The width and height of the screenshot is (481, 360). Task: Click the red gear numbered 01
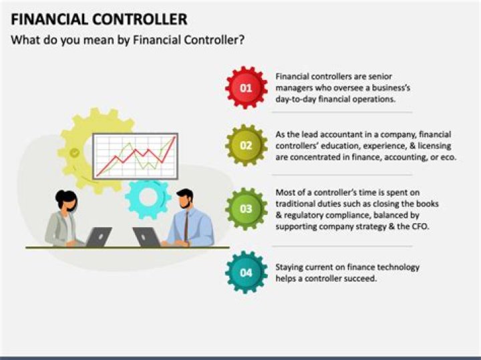click(246, 87)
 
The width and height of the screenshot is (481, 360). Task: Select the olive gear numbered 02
click(246, 145)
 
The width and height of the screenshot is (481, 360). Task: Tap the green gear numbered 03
click(246, 208)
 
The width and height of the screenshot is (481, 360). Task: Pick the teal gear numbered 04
click(246, 272)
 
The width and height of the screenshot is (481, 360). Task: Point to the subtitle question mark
click(241, 40)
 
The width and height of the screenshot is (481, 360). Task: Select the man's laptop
click(146, 237)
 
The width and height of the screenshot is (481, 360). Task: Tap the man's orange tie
click(186, 224)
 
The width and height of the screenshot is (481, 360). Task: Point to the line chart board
click(134, 155)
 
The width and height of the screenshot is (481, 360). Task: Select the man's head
click(185, 199)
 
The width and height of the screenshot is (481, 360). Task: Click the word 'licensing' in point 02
click(433, 146)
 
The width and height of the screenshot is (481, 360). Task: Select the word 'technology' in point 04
click(398, 267)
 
